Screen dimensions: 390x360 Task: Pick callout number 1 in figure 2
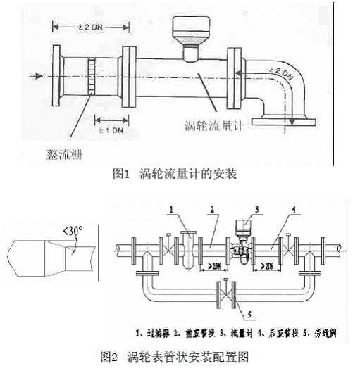pos(170,209)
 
